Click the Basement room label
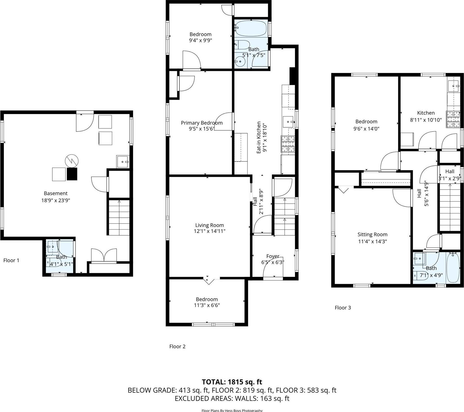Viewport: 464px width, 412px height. (55, 193)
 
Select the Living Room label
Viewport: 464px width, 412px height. (210, 225)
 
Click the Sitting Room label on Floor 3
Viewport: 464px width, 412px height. (372, 234)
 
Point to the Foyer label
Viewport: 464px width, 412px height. (272, 256)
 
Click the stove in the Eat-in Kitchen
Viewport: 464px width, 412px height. (287, 144)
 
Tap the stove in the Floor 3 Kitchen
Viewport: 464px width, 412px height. (452, 119)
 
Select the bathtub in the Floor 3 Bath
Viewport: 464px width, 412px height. (452, 268)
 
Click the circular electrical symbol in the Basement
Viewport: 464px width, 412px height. (71, 161)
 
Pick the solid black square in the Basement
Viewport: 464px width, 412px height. (72, 174)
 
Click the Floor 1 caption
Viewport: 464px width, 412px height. (11, 260)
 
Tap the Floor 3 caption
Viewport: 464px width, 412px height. (343, 308)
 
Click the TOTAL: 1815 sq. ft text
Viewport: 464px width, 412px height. (232, 382)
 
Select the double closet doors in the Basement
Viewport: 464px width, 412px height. (104, 255)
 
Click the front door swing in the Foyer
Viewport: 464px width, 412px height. (273, 268)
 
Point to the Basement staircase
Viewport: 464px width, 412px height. (119, 217)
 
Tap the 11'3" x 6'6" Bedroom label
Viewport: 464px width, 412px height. (207, 302)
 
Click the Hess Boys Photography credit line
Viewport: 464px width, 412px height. (232, 410)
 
